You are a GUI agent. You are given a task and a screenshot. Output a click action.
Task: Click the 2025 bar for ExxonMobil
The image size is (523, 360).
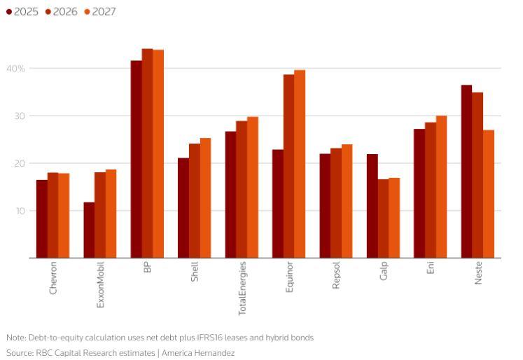coord(89,230)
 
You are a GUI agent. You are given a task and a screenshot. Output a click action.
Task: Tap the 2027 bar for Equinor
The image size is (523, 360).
coord(300,164)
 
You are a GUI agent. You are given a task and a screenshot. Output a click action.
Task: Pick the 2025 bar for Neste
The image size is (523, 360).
coord(466,171)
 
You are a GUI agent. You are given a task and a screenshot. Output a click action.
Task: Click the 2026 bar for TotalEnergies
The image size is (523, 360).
coord(242,189)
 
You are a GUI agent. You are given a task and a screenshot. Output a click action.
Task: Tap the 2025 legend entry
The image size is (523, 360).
coord(22,12)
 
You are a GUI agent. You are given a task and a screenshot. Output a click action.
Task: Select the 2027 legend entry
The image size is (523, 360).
coord(99,12)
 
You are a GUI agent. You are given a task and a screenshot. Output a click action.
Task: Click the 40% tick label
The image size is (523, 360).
coord(16,69)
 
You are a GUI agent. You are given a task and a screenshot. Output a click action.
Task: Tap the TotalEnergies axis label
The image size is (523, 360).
coord(242,287)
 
